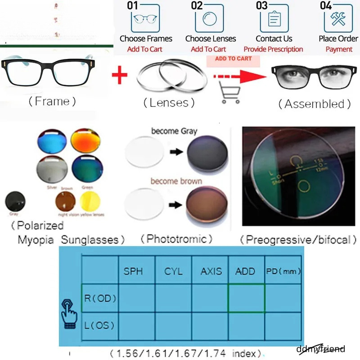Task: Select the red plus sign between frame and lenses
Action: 119,75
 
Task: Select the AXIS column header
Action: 211,271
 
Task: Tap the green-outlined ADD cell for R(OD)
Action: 247,298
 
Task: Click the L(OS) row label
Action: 99,325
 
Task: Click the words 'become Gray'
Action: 174,131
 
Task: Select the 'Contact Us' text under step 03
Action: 274,39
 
